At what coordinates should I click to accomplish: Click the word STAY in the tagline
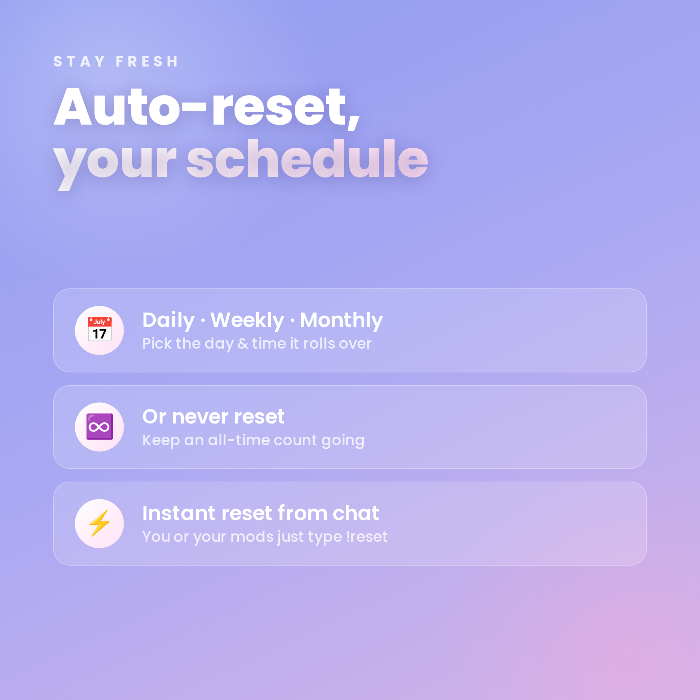(x=79, y=62)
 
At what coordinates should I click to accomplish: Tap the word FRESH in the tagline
(x=147, y=62)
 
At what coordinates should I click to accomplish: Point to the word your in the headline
(x=115, y=165)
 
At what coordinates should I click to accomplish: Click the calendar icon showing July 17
(x=100, y=329)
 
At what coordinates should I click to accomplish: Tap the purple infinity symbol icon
(x=100, y=426)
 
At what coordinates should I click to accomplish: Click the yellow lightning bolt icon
(x=100, y=523)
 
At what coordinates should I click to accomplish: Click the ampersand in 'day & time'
(x=243, y=344)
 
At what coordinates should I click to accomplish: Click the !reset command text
(x=367, y=537)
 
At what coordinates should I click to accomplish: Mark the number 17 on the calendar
(x=100, y=334)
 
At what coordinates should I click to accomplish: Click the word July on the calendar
(x=99, y=322)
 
